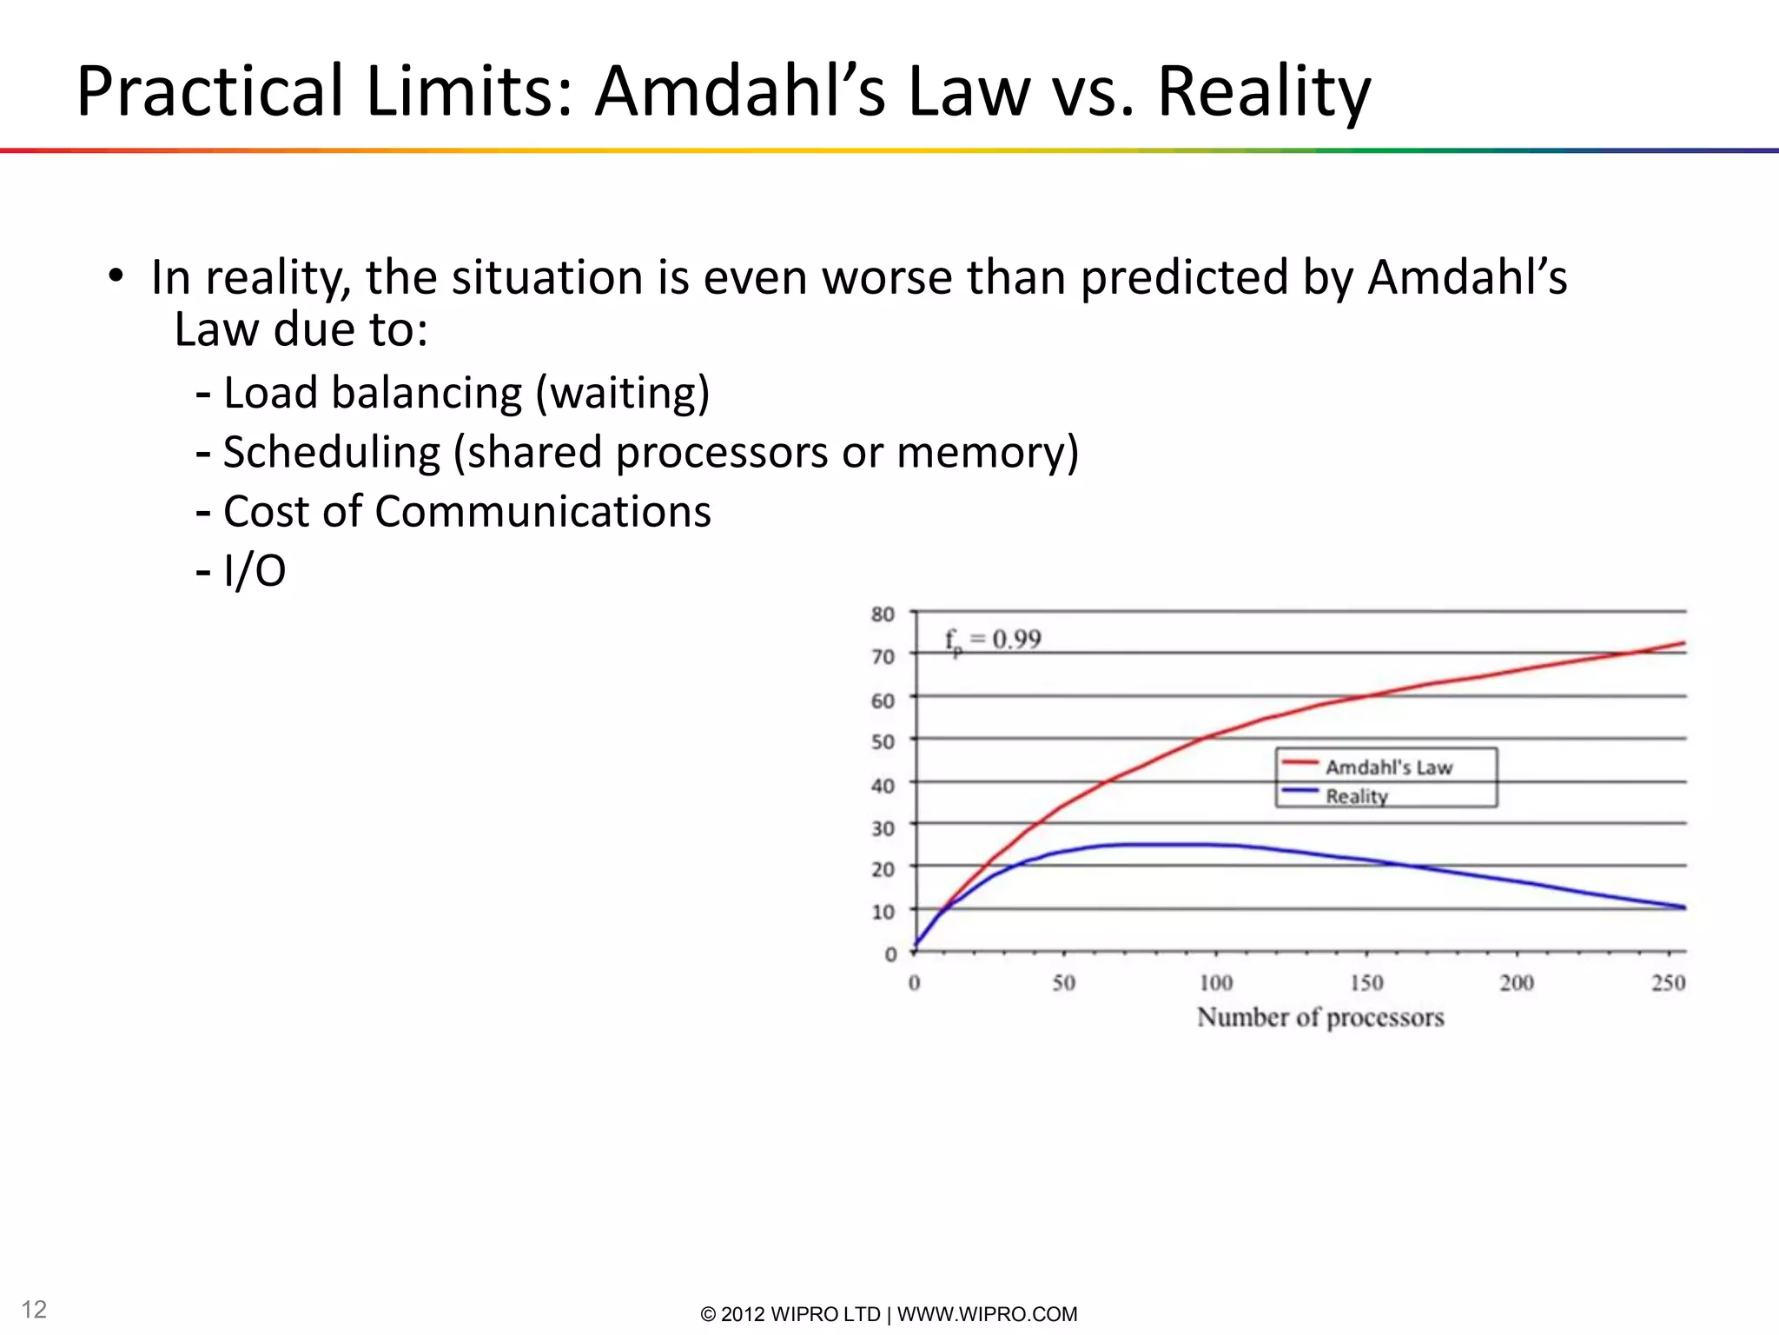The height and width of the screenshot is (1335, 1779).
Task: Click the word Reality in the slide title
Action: (x=1264, y=92)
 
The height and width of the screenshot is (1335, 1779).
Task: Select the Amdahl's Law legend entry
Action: (x=1388, y=767)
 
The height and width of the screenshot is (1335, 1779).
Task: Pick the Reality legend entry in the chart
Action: (x=1356, y=795)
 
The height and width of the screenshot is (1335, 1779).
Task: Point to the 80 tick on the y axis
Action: (x=883, y=614)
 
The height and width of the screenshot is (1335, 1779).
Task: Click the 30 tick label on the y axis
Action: (x=883, y=828)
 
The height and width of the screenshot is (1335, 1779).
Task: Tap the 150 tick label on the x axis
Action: (x=1366, y=983)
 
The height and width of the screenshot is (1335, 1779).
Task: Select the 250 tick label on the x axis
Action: (x=1668, y=983)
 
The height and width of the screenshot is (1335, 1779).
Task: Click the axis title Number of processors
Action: (x=1320, y=1017)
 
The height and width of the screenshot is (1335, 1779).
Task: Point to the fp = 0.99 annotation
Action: (x=993, y=641)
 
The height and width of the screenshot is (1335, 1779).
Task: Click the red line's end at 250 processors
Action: (x=1683, y=644)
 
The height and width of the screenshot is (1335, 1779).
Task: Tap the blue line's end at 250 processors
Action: (x=1683, y=907)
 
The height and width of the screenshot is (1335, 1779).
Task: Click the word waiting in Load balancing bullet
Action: (x=622, y=393)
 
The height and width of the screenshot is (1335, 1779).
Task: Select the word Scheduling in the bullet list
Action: (x=332, y=453)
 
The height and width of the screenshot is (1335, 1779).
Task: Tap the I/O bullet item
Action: (x=254, y=571)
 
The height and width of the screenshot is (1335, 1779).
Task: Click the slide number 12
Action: (x=34, y=1309)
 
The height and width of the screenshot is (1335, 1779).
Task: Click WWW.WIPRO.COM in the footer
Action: (x=987, y=1314)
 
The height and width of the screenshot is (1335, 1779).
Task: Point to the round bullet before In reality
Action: (x=116, y=276)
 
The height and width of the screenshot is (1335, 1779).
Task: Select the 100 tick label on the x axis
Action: (x=1215, y=983)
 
